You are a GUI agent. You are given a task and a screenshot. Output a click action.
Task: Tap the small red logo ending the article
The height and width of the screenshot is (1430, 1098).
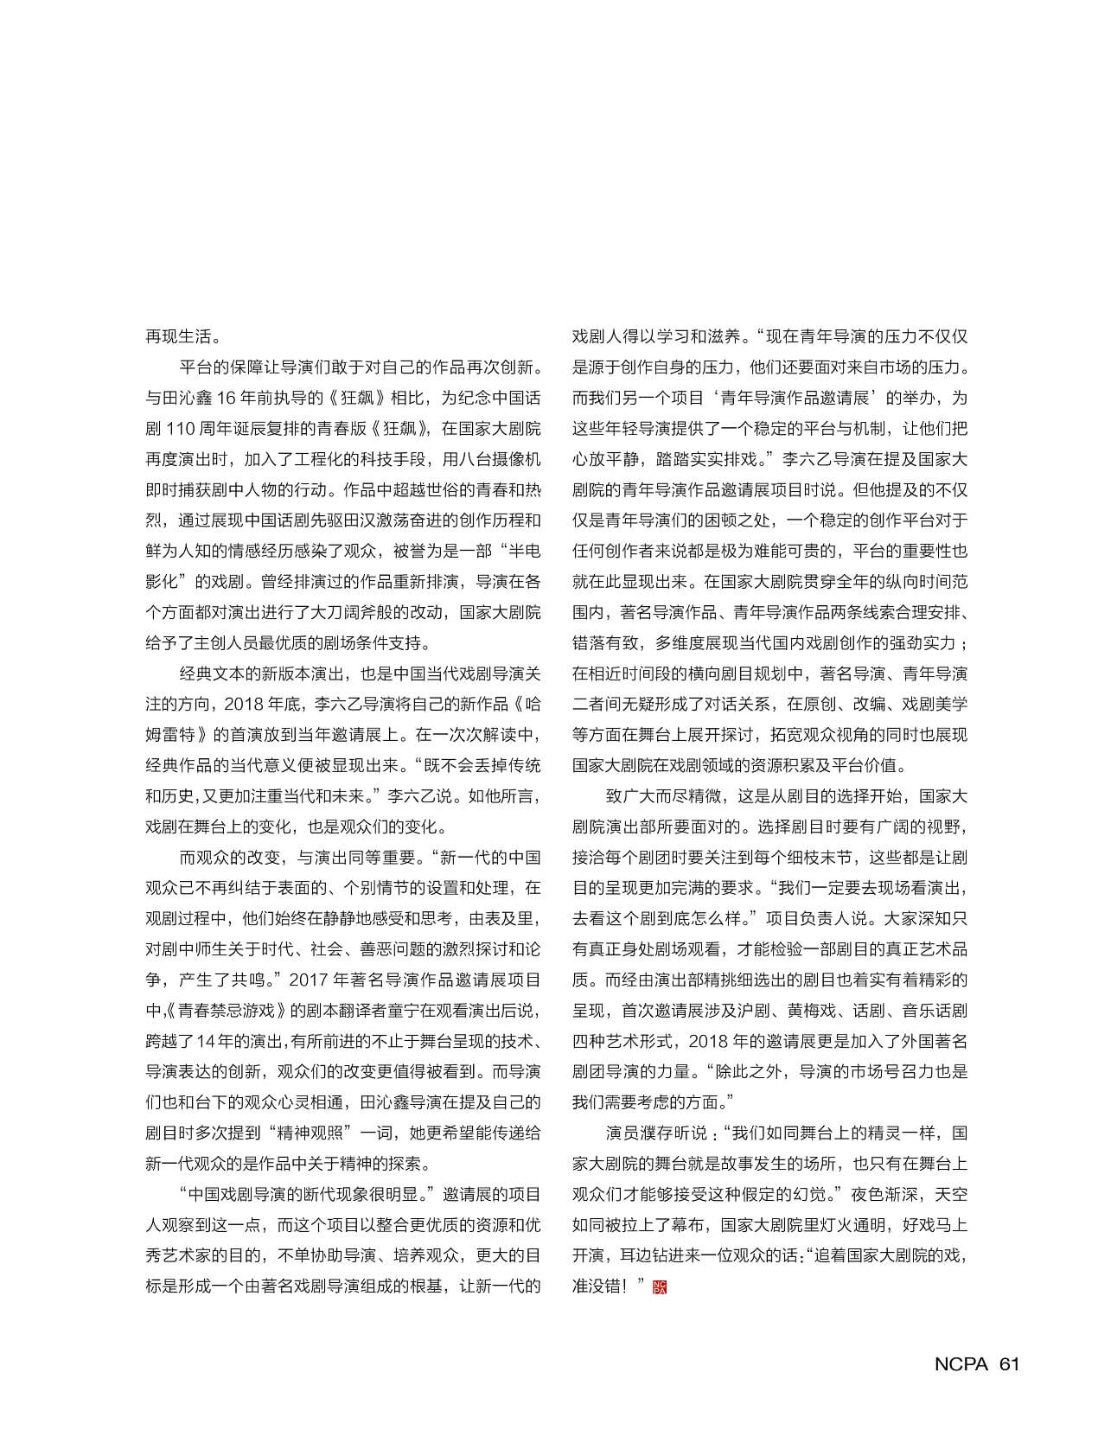(660, 1287)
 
